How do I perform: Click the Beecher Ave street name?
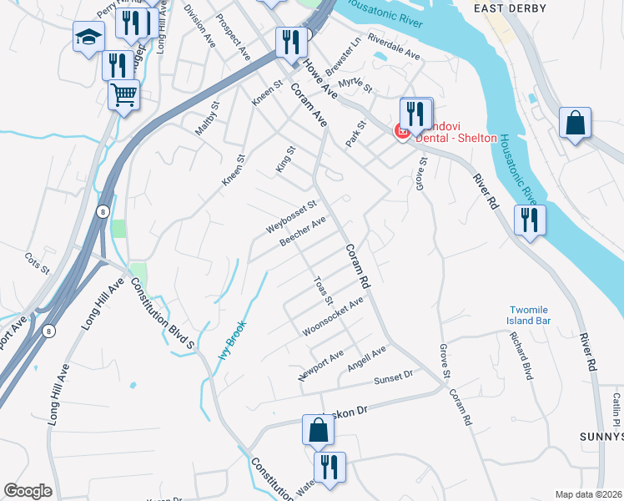pos(302,233)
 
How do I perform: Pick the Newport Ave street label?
pos(321,366)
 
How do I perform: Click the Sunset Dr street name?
pos(393,378)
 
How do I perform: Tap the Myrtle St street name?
pos(355,83)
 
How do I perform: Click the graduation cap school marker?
pos(88,37)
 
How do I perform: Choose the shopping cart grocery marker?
pos(123,94)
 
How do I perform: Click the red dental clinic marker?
pos(401,130)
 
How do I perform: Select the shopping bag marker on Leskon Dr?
pos(318,430)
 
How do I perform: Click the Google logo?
pos(28,491)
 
